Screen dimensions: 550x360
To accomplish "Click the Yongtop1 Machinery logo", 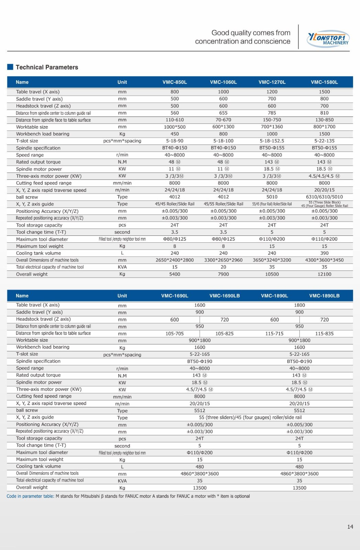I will [x=328, y=38].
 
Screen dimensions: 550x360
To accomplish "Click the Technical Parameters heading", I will [x=47, y=67].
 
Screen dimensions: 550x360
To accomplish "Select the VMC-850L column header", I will [x=175, y=82].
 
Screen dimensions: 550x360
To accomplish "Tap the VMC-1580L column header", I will [x=324, y=82].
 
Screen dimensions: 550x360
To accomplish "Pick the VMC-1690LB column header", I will [x=225, y=296].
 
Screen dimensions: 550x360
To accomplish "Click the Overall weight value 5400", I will [x=175, y=274].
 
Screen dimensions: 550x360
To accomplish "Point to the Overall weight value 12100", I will [x=324, y=274].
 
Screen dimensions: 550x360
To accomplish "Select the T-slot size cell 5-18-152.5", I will [x=272, y=141].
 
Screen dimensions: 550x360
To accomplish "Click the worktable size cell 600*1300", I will [x=223, y=127].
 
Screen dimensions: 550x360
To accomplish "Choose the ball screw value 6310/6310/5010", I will [x=324, y=197].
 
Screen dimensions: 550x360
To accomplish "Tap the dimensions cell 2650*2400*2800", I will [x=175, y=260].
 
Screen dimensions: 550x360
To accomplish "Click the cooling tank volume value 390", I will [x=324, y=253].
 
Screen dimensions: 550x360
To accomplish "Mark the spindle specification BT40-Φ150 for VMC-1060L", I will [x=223, y=148].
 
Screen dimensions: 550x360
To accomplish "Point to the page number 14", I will [x=350, y=527].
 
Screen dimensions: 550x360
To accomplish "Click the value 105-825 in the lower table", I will [x=225, y=333].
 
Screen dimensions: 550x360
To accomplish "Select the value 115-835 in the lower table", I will [x=324, y=333].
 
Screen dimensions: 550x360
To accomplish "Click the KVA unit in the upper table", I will [x=122, y=267].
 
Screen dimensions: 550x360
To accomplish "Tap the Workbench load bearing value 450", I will [x=175, y=134].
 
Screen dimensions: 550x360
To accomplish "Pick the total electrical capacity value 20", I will [x=223, y=267].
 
